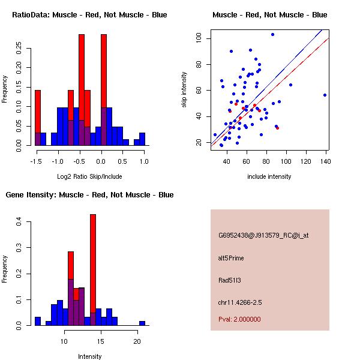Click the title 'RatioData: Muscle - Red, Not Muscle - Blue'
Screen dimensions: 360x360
click(x=89, y=15)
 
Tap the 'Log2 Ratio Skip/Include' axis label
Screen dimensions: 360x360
click(x=89, y=176)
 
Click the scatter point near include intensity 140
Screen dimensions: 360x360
click(x=325, y=95)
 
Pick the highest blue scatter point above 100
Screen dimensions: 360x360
click(x=272, y=34)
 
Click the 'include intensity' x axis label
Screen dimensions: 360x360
click(x=269, y=176)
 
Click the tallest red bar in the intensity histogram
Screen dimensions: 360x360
click(x=93, y=270)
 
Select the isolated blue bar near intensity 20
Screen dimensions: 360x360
click(x=142, y=323)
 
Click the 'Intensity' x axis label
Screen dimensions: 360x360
click(x=89, y=356)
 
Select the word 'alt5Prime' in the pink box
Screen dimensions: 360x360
click(x=230, y=258)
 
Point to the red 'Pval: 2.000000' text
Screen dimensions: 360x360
click(x=239, y=319)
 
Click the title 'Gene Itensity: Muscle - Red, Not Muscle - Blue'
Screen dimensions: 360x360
click(x=89, y=195)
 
